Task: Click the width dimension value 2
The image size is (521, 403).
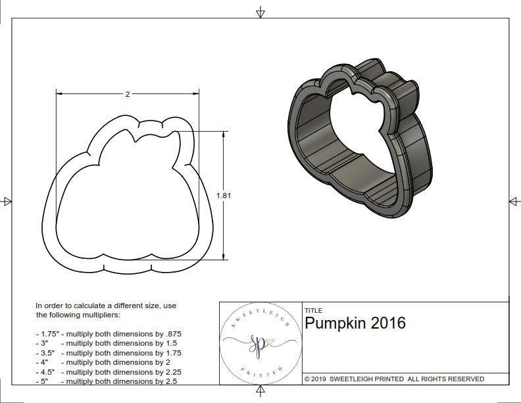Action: pos(127,94)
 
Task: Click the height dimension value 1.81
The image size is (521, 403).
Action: pos(224,195)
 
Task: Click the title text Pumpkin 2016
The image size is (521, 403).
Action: pos(355,323)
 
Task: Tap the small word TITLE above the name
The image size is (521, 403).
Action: pos(313,310)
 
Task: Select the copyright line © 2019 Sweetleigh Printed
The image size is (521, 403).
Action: pos(394,379)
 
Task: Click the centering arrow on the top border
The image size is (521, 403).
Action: pos(260,12)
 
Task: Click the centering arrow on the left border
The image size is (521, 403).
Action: pos(7,201)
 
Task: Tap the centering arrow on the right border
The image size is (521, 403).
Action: pos(514,201)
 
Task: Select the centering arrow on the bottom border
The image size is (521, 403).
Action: pos(260,392)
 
